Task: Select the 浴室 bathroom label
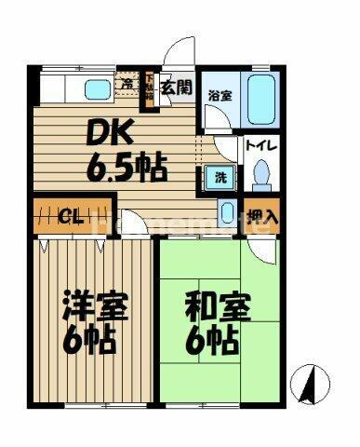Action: click(x=219, y=95)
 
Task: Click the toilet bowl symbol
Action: click(x=260, y=173)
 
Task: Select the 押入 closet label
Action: click(x=261, y=216)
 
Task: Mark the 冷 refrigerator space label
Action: click(x=127, y=86)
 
